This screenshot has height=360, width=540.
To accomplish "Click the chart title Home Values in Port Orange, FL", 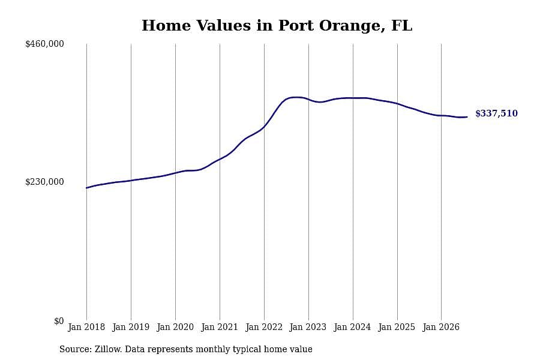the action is click(x=277, y=26).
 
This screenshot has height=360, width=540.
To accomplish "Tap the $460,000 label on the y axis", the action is click(x=44, y=44).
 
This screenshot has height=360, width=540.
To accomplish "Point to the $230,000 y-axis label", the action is click(x=44, y=182).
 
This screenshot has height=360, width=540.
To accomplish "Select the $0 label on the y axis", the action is click(x=59, y=321).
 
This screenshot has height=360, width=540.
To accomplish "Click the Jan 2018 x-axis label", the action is click(x=86, y=327).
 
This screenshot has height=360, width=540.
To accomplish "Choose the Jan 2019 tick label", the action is click(x=131, y=327).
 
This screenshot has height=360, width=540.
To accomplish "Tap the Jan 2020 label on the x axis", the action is click(x=175, y=327).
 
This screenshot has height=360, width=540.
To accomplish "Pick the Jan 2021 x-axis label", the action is click(x=220, y=327).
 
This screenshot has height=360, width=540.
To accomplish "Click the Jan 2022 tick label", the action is click(x=264, y=327).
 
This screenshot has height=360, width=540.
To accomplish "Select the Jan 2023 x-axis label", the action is click(x=308, y=327).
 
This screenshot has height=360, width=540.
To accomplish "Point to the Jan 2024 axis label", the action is click(x=352, y=327).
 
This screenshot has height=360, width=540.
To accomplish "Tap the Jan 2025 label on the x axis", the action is click(x=397, y=327).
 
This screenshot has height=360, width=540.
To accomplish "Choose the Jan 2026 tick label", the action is click(x=441, y=327).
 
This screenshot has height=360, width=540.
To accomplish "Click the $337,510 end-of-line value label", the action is click(x=496, y=113).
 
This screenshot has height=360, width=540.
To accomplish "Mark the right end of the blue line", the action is click(x=467, y=117).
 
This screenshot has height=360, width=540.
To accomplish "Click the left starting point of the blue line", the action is click(x=86, y=188).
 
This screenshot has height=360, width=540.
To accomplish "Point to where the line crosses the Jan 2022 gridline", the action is click(x=264, y=127).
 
